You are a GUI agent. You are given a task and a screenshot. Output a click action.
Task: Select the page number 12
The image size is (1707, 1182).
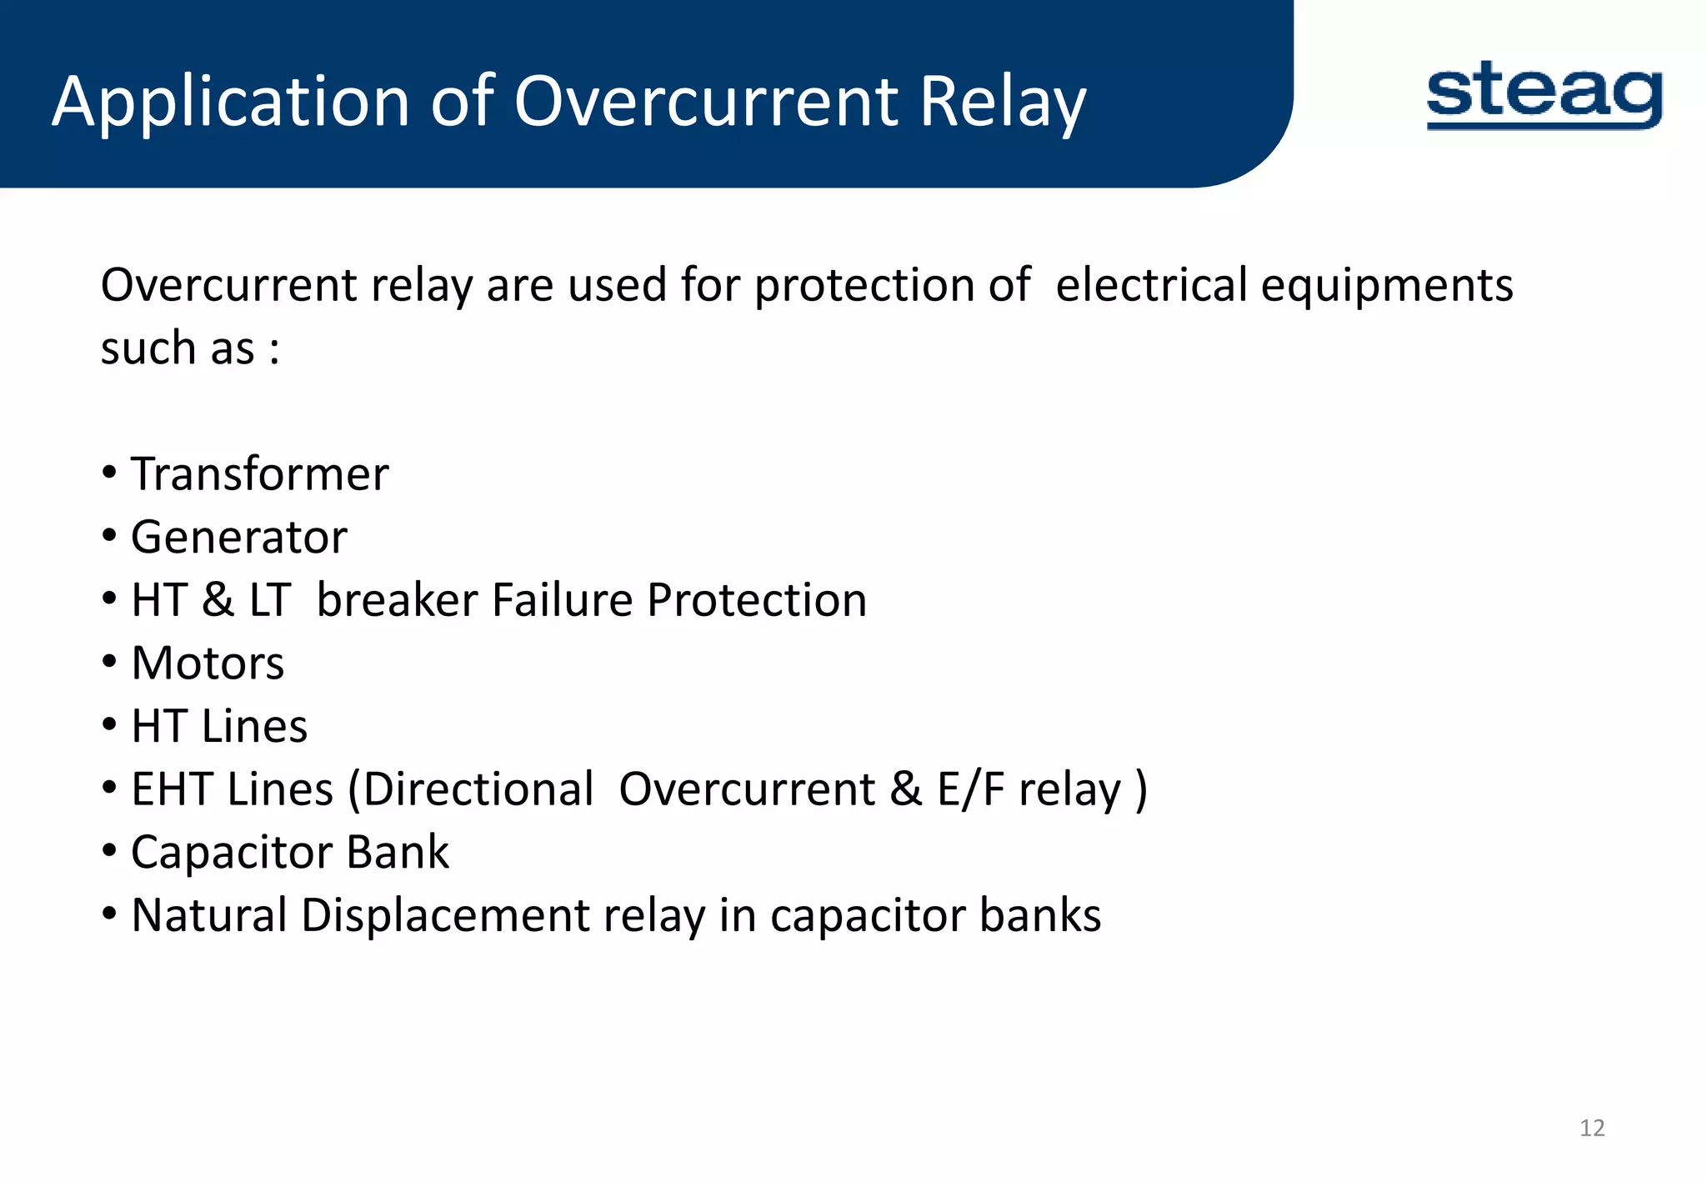click(1592, 1128)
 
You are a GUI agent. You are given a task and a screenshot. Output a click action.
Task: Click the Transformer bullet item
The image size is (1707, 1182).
click(259, 474)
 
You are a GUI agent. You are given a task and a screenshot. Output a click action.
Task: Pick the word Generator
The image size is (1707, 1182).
click(239, 537)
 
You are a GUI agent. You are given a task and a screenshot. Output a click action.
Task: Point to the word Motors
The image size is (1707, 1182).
click(208, 664)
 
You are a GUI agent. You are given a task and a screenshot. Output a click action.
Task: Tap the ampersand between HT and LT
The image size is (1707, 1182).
click(218, 600)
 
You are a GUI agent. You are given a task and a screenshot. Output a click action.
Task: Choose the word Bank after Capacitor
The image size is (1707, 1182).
click(398, 853)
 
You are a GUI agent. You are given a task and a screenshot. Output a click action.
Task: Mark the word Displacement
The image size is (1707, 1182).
click(446, 915)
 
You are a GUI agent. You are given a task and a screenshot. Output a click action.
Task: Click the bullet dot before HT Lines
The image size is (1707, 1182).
click(110, 726)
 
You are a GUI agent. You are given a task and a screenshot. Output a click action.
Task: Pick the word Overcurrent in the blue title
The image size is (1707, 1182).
click(706, 102)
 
